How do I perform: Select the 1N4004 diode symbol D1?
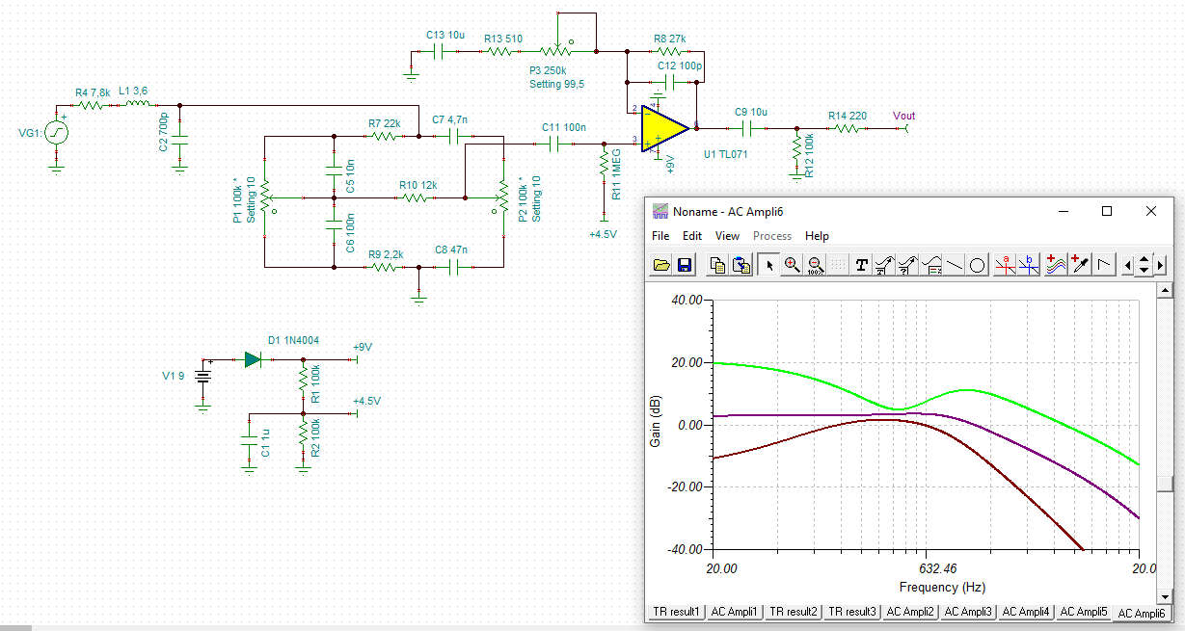(x=253, y=360)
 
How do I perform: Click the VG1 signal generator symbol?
(x=56, y=132)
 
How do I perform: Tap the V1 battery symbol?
(x=203, y=377)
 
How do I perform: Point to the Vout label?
(x=903, y=116)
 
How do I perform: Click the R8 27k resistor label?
(x=669, y=39)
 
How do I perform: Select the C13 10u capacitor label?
(x=445, y=35)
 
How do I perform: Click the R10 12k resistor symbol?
(x=416, y=198)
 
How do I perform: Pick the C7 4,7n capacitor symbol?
(x=453, y=137)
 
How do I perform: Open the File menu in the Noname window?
(x=660, y=236)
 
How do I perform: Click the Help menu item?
(x=817, y=236)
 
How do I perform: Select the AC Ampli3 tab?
(x=968, y=612)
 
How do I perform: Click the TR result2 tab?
(x=793, y=612)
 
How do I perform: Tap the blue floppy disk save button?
(x=685, y=265)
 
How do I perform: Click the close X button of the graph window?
(x=1150, y=211)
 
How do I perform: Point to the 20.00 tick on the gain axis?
(x=687, y=362)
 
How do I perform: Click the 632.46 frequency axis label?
(x=938, y=568)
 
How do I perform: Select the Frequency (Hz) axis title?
(x=942, y=587)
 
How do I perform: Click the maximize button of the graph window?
(x=1107, y=211)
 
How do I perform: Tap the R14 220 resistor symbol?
(x=847, y=128)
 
